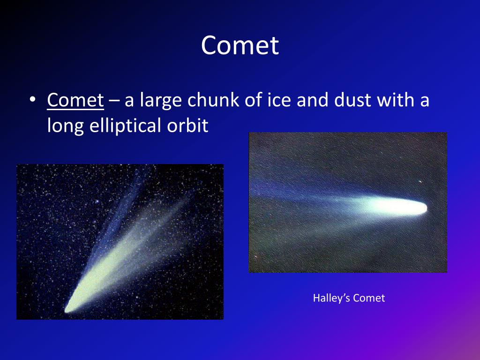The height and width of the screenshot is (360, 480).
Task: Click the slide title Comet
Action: [x=240, y=45]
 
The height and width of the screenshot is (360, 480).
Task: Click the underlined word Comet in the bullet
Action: [x=75, y=100]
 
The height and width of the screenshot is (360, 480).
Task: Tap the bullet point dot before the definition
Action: [x=32, y=100]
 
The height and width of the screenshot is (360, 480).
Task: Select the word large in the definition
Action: [x=160, y=100]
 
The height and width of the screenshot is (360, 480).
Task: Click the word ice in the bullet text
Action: [x=278, y=100]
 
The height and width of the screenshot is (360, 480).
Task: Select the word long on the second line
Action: [x=65, y=126]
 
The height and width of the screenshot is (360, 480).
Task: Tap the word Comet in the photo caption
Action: [x=369, y=298]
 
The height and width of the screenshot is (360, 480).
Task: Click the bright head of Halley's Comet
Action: [x=407, y=207]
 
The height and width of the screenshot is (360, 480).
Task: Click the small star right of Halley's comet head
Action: [x=420, y=182]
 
